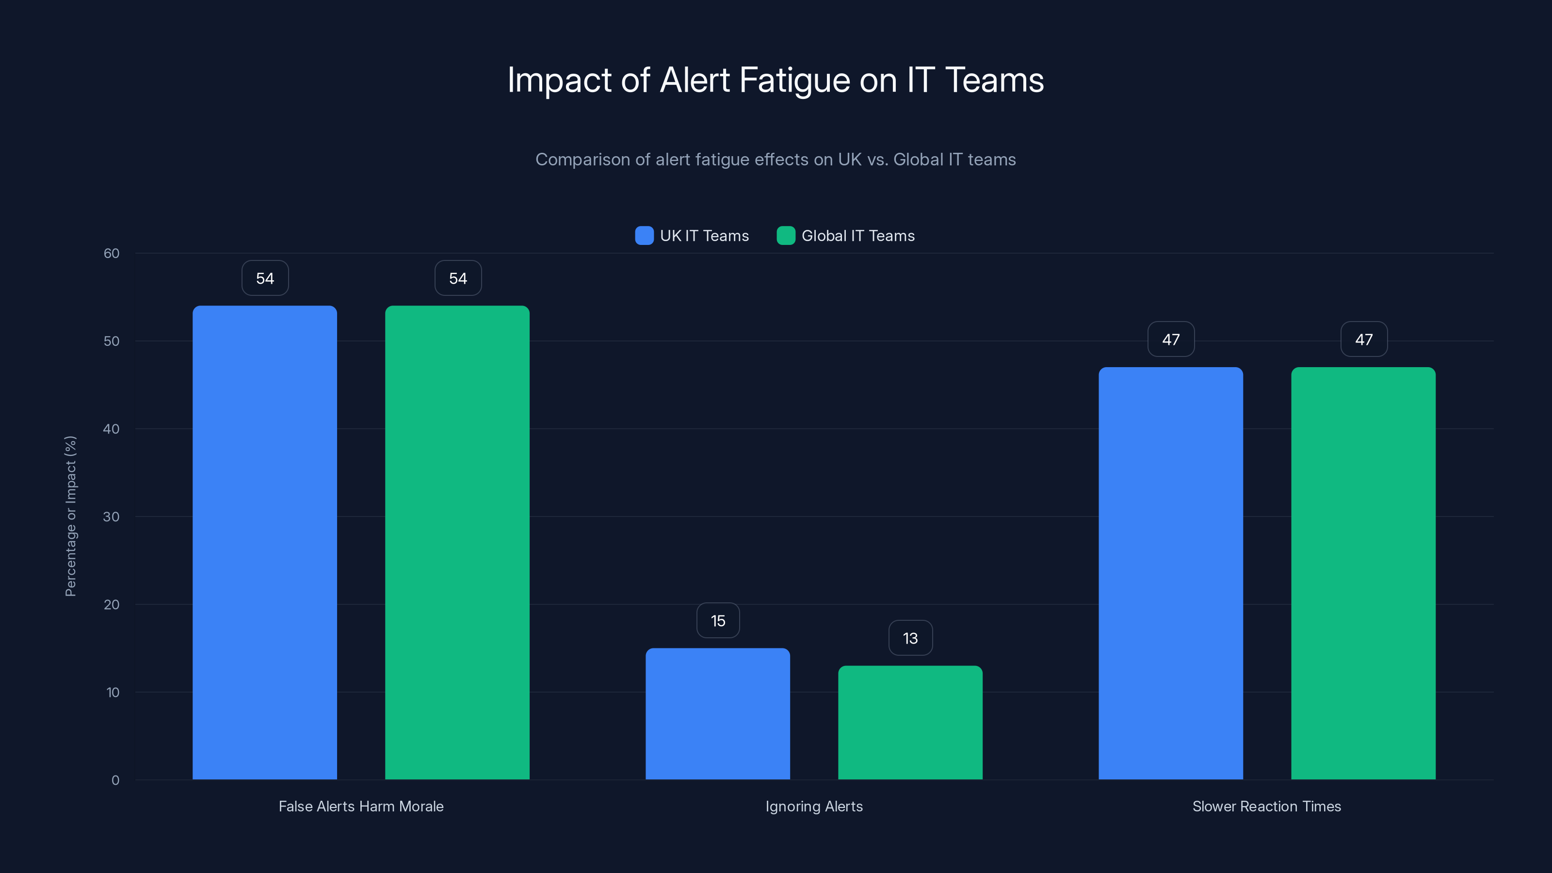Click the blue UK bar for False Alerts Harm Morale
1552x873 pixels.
click(264, 542)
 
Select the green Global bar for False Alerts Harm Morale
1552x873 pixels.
click(457, 542)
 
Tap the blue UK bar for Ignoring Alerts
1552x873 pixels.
click(718, 714)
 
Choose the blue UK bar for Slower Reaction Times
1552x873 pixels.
click(1171, 573)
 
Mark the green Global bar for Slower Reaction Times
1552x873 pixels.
click(1363, 573)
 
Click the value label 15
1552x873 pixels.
click(718, 621)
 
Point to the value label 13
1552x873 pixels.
click(910, 638)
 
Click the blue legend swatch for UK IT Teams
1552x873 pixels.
click(644, 236)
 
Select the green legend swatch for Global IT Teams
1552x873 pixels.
click(786, 236)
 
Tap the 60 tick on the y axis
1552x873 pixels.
click(112, 253)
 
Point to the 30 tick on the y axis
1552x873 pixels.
click(112, 517)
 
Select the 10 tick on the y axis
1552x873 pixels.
click(113, 692)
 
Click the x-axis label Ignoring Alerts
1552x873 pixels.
click(814, 806)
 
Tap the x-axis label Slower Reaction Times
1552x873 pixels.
click(1266, 806)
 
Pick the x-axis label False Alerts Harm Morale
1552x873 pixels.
click(361, 806)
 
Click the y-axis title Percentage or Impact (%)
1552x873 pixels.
click(70, 517)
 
